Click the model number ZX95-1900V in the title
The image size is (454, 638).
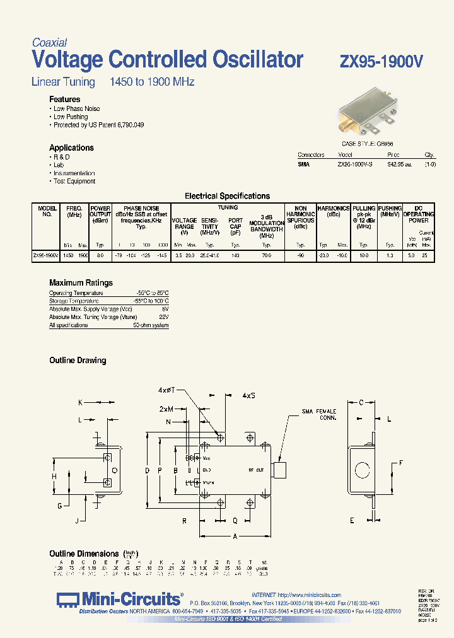(381, 61)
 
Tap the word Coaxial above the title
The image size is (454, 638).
(49, 43)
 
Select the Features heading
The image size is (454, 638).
(65, 100)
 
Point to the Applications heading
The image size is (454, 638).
(71, 148)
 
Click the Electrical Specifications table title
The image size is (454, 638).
(227, 196)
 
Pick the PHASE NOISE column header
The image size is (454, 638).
(141, 208)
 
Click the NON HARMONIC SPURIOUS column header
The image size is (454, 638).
(301, 216)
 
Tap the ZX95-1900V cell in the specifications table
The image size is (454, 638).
(45, 256)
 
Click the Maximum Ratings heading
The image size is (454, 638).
(81, 283)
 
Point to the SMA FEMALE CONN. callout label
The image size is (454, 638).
(319, 415)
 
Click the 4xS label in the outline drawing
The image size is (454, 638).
(248, 395)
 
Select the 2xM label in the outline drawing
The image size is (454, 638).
(166, 409)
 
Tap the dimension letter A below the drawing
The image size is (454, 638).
(235, 536)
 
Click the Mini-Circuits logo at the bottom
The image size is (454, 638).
(120, 599)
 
